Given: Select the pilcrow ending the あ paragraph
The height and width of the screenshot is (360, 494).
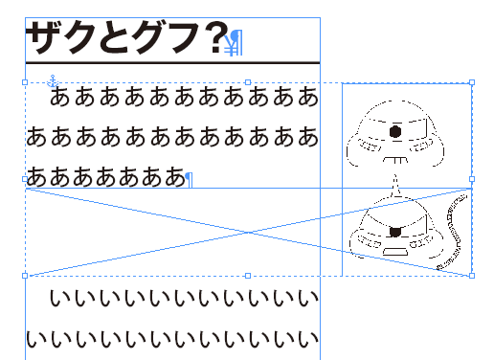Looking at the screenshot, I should pyautogui.click(x=189, y=178).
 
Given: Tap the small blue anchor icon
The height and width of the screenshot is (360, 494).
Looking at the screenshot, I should pyautogui.click(x=54, y=80).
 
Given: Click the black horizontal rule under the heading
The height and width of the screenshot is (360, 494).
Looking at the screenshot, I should pyautogui.click(x=172, y=63).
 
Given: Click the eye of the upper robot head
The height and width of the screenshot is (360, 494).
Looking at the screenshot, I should pyautogui.click(x=393, y=130).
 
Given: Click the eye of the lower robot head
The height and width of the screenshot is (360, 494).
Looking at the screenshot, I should pyautogui.click(x=394, y=231).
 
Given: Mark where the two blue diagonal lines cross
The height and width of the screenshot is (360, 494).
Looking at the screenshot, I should pyautogui.click(x=248, y=232).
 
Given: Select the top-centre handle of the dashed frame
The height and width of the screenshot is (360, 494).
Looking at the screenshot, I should pyautogui.click(x=248, y=83).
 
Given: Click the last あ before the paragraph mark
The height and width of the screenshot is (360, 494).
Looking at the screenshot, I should pyautogui.click(x=172, y=177).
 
